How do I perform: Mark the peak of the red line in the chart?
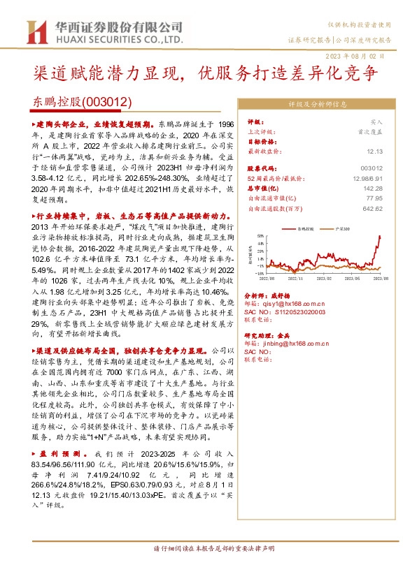pyautogui.click(x=381, y=236)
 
